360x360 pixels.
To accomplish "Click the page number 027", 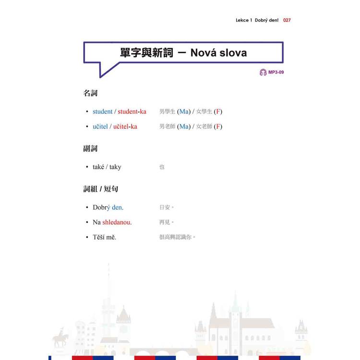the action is (x=287, y=20).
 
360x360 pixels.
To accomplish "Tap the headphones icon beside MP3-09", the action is (x=263, y=72).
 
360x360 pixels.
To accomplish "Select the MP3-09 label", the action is (x=276, y=72).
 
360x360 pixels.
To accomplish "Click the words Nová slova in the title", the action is (x=218, y=53).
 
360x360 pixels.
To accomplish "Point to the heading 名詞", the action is (x=90, y=93).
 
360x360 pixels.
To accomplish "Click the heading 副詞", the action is (x=90, y=148).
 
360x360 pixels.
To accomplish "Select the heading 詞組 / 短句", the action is (x=101, y=189).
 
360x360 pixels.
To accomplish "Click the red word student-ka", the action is (x=132, y=111).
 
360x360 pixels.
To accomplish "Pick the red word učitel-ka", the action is (x=125, y=127).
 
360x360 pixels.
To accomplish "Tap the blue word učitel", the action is (x=100, y=127).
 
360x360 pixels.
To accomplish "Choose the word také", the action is (x=98, y=167).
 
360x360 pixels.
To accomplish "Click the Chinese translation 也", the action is (x=162, y=167).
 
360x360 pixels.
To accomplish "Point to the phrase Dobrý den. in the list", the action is (x=108, y=207).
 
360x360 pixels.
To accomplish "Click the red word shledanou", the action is (x=117, y=222).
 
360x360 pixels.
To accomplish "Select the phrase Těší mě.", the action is (x=104, y=237).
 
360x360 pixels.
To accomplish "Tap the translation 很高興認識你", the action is (x=175, y=237).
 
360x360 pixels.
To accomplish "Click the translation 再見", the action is (x=165, y=222).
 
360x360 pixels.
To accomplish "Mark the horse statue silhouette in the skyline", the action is (x=60, y=338).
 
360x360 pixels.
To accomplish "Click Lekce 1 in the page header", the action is (x=244, y=20).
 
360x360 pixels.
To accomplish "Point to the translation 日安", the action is (x=165, y=207).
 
